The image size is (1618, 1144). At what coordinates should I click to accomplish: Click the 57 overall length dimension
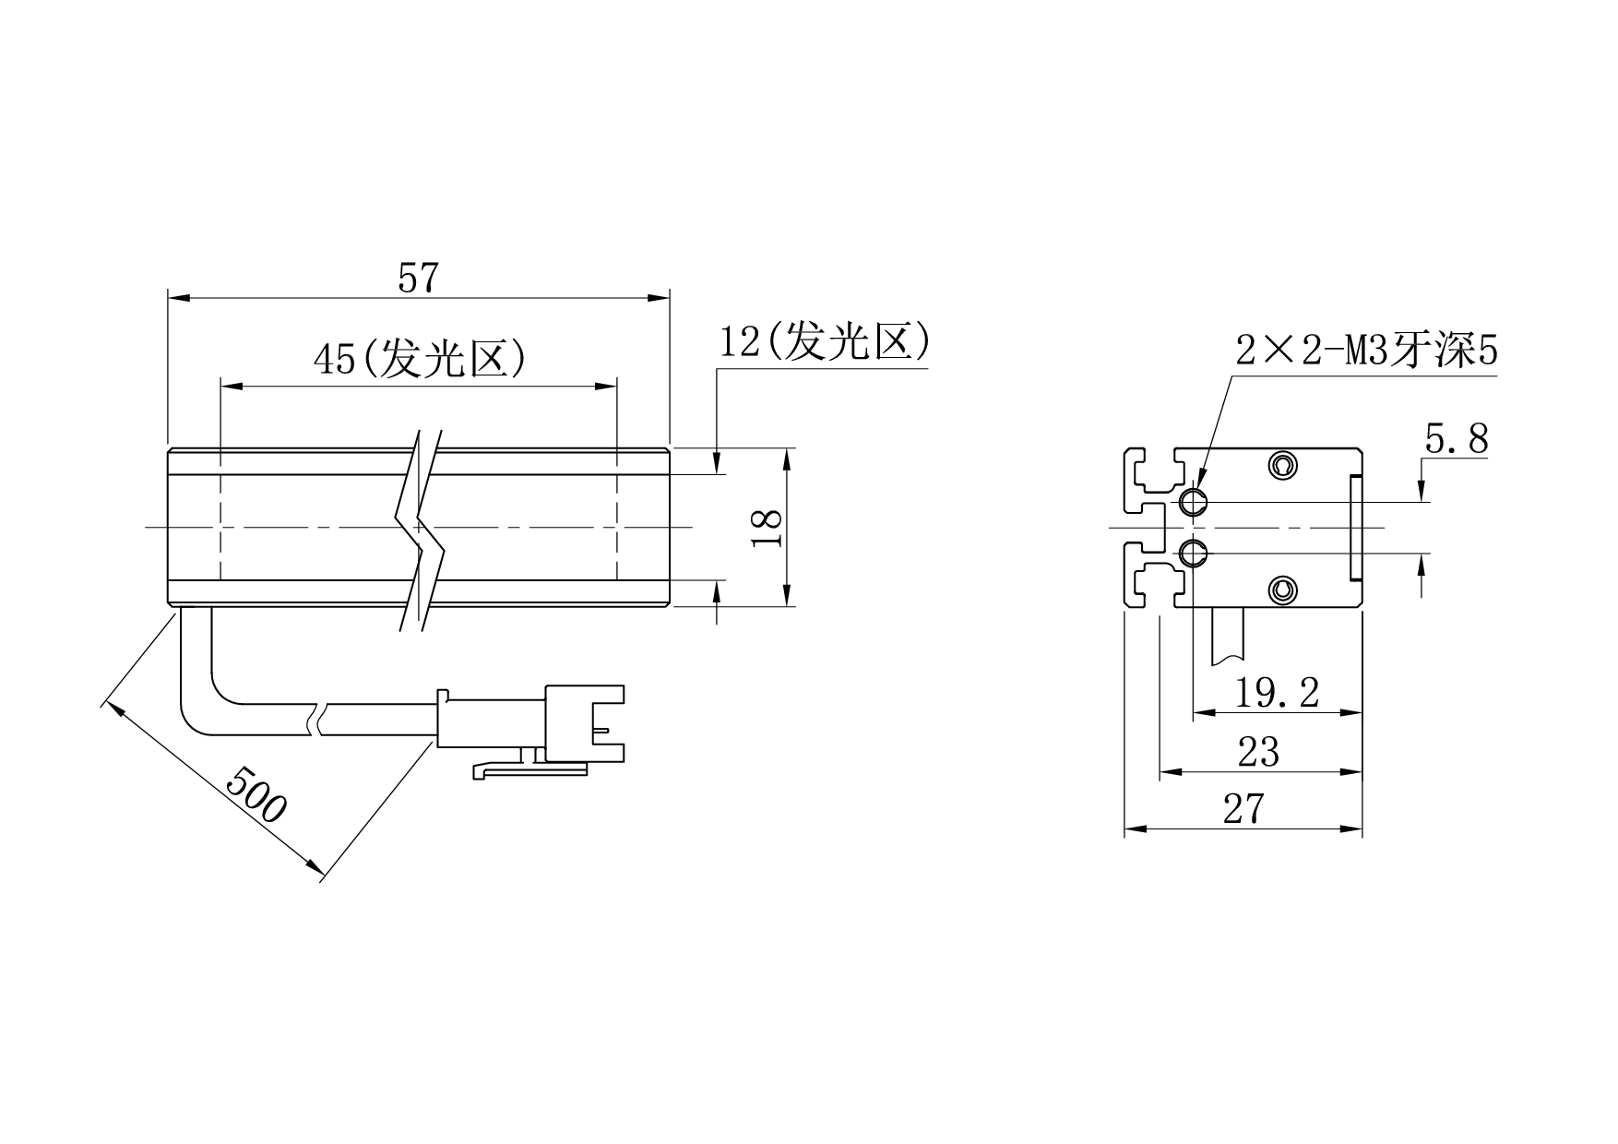(x=417, y=278)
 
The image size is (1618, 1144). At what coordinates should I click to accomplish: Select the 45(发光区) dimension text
(x=420, y=359)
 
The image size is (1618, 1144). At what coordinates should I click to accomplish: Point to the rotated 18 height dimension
(x=767, y=528)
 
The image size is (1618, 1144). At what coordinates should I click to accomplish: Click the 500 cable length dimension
(x=256, y=793)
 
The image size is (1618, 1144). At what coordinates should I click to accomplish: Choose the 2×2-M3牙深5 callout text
(x=1367, y=352)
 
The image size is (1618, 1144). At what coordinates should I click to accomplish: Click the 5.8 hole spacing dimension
(x=1457, y=440)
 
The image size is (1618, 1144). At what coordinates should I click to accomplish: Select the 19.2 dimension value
(x=1277, y=692)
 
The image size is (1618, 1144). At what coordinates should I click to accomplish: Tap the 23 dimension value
(x=1258, y=753)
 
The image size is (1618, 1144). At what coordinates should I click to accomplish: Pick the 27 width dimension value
(x=1243, y=809)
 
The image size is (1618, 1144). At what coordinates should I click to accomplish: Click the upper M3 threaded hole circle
(x=1194, y=502)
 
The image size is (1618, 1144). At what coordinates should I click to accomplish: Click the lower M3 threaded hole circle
(x=1194, y=554)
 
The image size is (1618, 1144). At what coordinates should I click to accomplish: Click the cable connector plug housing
(x=585, y=723)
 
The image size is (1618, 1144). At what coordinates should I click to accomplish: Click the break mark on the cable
(x=315, y=720)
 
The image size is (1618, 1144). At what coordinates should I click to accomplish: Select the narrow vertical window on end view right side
(x=1356, y=527)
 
